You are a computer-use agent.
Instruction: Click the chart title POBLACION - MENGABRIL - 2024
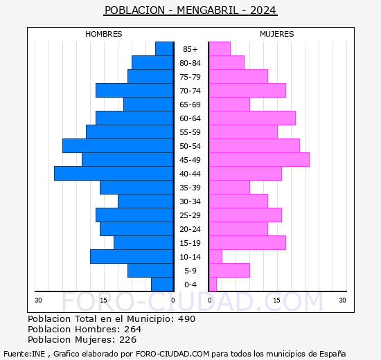tap(190, 10)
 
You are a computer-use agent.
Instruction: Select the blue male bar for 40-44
tap(114, 174)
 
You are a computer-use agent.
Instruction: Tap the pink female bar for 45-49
tap(259, 160)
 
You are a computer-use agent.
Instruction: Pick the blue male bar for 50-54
tap(118, 146)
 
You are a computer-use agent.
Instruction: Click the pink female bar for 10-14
tap(215, 257)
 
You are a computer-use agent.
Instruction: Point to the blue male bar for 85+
tap(164, 49)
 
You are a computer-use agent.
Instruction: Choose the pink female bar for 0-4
tap(213, 285)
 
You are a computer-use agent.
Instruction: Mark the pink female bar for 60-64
tap(252, 118)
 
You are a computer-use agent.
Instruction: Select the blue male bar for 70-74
tap(134, 91)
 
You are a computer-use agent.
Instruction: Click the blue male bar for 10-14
tap(132, 257)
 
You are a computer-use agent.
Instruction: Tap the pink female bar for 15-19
tap(247, 243)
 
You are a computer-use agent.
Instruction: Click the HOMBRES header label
tap(104, 34)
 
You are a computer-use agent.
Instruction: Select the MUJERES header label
tap(277, 34)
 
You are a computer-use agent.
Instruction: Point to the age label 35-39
tap(190, 188)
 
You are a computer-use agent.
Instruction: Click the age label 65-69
tap(190, 105)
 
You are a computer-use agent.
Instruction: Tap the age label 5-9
tap(190, 271)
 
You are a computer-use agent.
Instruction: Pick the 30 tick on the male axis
tap(39, 300)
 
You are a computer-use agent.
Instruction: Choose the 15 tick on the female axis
tap(276, 300)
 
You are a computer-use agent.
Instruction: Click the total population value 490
tap(186, 319)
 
